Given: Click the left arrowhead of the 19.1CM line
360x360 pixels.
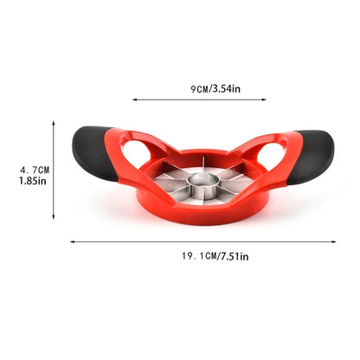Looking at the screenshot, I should tap(71, 241).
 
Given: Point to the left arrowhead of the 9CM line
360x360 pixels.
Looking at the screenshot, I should tap(133, 100).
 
